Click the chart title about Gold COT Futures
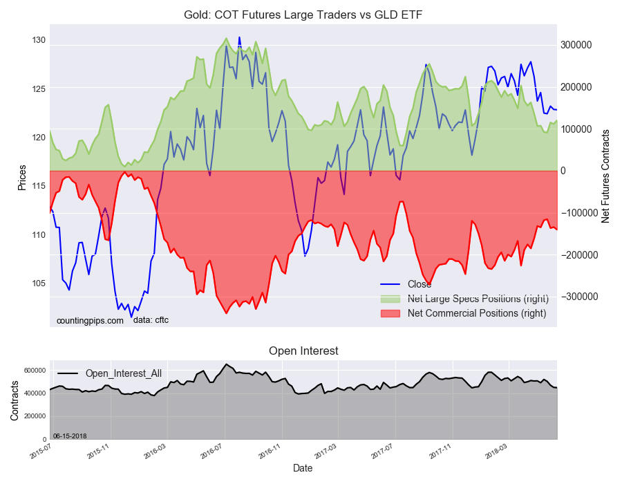[x=302, y=14]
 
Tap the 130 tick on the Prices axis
[x=38, y=40]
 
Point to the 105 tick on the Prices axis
[x=38, y=283]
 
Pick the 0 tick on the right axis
[x=564, y=171]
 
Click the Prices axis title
[x=22, y=178]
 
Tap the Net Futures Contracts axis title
[x=605, y=176]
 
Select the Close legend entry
[x=419, y=284]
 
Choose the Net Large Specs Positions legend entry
[x=478, y=299]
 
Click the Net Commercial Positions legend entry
[x=477, y=313]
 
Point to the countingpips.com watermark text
[x=90, y=320]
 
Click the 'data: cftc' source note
[x=151, y=320]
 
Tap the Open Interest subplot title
[x=303, y=351]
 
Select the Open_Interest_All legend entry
[x=123, y=373]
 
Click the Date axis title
[x=303, y=468]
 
